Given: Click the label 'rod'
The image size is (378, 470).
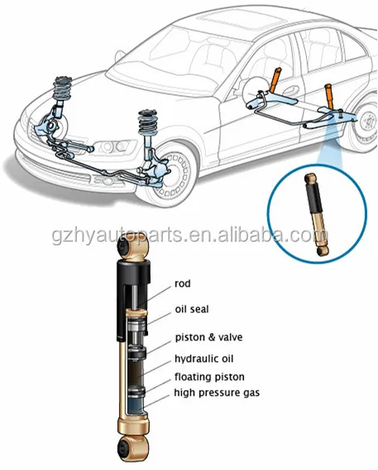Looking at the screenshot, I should pyautogui.click(x=183, y=284).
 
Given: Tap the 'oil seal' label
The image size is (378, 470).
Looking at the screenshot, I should pyautogui.click(x=193, y=309).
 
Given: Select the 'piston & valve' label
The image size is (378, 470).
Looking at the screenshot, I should pyautogui.click(x=208, y=337).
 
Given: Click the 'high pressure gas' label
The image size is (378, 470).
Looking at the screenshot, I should pyautogui.click(x=217, y=392).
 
